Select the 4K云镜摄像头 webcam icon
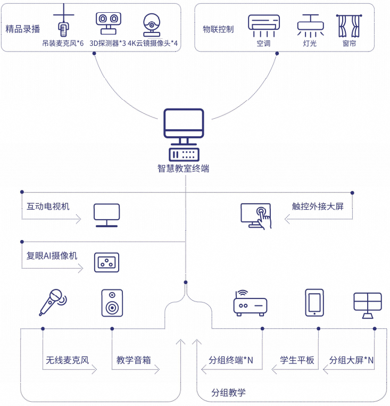(152, 24)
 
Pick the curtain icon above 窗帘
(348, 24)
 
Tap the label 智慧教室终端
(184, 169)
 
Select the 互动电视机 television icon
(106, 215)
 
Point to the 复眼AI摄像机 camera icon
(106, 262)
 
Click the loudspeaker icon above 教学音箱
(112, 303)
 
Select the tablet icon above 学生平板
(314, 302)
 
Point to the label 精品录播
(22, 29)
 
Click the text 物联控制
(218, 29)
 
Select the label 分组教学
(228, 393)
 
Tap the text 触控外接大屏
(318, 206)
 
